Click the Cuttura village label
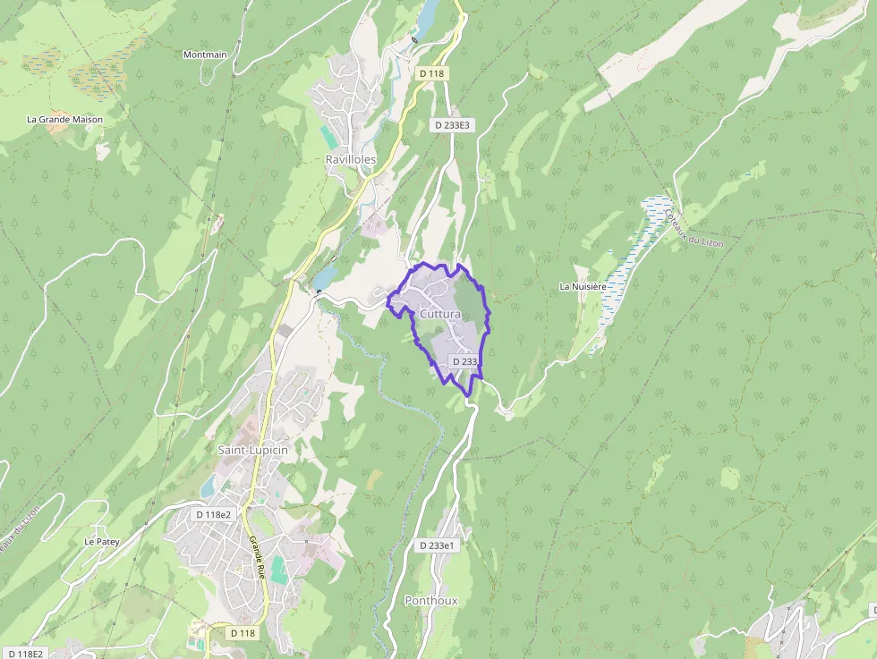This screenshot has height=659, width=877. click(x=439, y=315)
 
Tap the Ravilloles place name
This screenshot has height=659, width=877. click(x=351, y=159)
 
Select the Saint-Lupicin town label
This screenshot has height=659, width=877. click(x=253, y=450)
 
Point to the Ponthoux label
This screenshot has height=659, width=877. click(x=431, y=601)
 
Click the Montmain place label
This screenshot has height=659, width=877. click(x=205, y=55)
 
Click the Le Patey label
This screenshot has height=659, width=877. click(x=102, y=542)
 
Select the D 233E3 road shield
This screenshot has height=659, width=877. click(x=452, y=125)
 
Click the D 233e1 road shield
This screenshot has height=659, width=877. click(x=438, y=545)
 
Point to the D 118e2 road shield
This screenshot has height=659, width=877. click(x=214, y=514)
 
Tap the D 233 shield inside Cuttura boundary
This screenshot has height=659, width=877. click(x=465, y=361)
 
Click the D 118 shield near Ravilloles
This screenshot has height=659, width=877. click(x=431, y=73)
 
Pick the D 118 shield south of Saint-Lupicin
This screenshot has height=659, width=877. click(x=243, y=633)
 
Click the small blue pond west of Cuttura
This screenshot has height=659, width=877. click(x=323, y=278)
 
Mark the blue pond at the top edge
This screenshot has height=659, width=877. click(x=428, y=13)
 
